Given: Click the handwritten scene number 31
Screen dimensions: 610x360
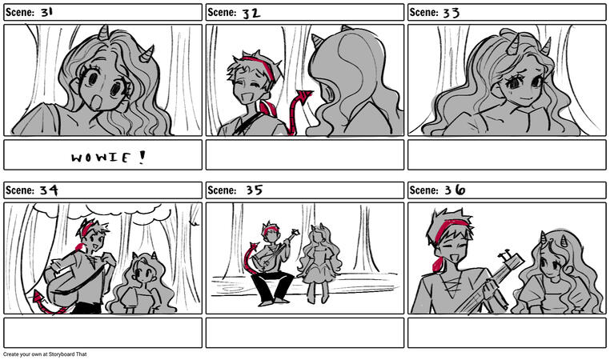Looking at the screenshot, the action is point(46,12).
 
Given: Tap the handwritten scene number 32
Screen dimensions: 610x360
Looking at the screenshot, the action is point(251,14).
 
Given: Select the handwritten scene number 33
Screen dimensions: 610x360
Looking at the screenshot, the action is point(451,13).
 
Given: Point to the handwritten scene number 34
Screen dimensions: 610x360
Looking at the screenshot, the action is point(49,190).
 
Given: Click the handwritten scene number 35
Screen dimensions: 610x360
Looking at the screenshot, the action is point(255,190).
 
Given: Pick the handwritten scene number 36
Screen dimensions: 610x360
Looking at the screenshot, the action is point(455,190).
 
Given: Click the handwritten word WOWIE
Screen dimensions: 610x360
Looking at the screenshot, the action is point(100,158).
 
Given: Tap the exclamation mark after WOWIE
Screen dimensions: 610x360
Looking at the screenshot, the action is point(142,157).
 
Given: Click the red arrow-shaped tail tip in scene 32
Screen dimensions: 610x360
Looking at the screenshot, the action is point(304,95).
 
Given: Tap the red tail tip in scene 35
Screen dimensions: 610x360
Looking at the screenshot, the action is point(255,246).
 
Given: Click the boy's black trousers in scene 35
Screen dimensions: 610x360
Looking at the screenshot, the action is point(272,286).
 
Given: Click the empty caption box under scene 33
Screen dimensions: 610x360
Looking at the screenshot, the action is point(507,154).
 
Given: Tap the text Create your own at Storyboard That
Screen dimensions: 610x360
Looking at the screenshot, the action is point(45,354).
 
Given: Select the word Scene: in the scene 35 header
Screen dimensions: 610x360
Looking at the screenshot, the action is point(222,190).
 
